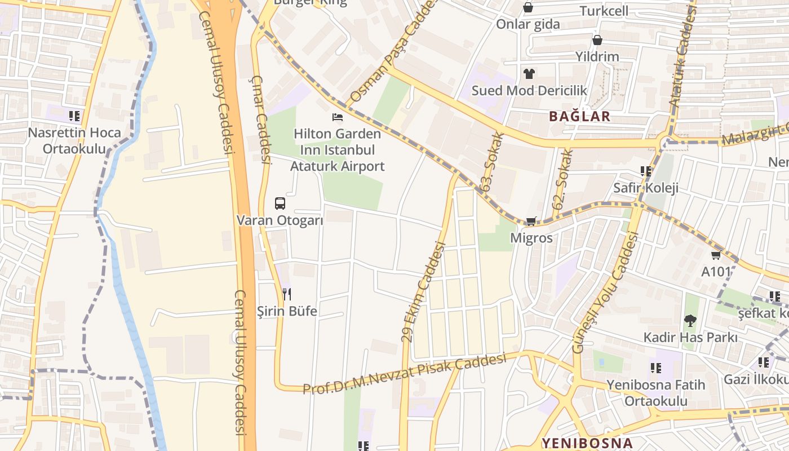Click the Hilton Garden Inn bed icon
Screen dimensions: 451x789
click(x=338, y=117)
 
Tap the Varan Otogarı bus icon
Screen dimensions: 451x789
click(x=280, y=204)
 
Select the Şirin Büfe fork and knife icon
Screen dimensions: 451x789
click(x=287, y=294)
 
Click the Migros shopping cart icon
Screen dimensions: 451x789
click(x=531, y=221)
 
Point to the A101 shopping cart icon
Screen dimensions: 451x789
click(x=716, y=255)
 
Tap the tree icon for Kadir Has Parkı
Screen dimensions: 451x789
click(x=690, y=321)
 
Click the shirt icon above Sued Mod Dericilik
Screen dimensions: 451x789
click(x=529, y=73)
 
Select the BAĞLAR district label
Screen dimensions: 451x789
click(x=579, y=117)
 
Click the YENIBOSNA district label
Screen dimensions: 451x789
click(x=587, y=443)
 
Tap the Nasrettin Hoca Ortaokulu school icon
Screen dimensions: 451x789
click(x=74, y=116)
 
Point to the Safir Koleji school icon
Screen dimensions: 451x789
click(x=646, y=171)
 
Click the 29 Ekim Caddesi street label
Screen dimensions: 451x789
click(x=423, y=292)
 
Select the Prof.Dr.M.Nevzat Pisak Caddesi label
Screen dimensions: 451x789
click(x=404, y=374)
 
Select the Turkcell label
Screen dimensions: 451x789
click(x=604, y=11)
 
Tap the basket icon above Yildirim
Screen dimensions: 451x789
click(x=597, y=40)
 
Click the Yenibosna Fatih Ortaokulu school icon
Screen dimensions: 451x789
click(x=655, y=368)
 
